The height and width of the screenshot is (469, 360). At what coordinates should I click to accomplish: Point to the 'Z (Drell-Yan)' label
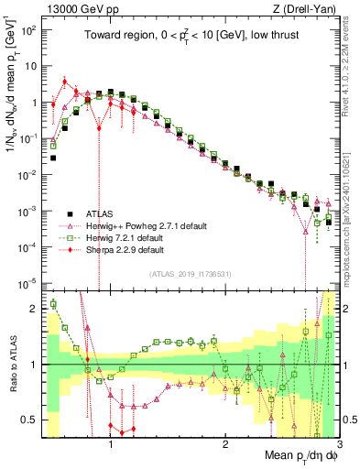(x=307, y=8)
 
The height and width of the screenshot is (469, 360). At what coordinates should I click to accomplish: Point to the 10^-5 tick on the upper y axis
(x=29, y=282)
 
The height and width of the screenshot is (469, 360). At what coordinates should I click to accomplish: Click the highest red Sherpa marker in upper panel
(x=65, y=82)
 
